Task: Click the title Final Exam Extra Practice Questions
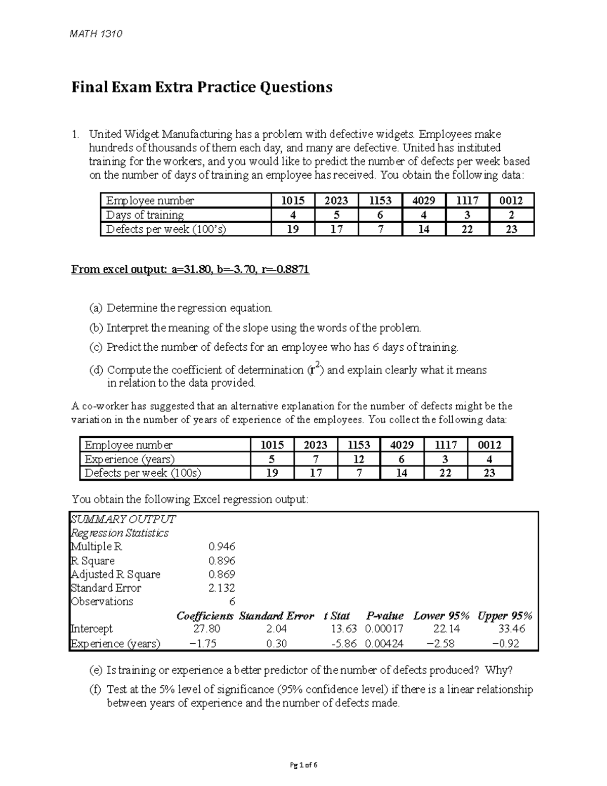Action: coord(201,88)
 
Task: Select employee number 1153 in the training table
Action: coord(380,200)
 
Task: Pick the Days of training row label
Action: coord(145,215)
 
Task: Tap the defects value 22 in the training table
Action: coord(467,229)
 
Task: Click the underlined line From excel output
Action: coord(190,270)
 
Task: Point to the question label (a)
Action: coord(96,308)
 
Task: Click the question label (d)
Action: coord(96,370)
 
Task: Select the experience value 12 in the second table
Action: coord(359,460)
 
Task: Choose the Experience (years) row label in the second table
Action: coord(129,460)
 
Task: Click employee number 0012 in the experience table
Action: coord(489,445)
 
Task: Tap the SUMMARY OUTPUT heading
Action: coord(123,519)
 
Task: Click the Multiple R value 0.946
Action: coord(222,547)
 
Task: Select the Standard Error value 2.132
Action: coord(222,588)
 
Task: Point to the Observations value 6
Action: coord(232,602)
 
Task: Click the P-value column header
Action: coord(384,616)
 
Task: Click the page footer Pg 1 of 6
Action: coord(303,765)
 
